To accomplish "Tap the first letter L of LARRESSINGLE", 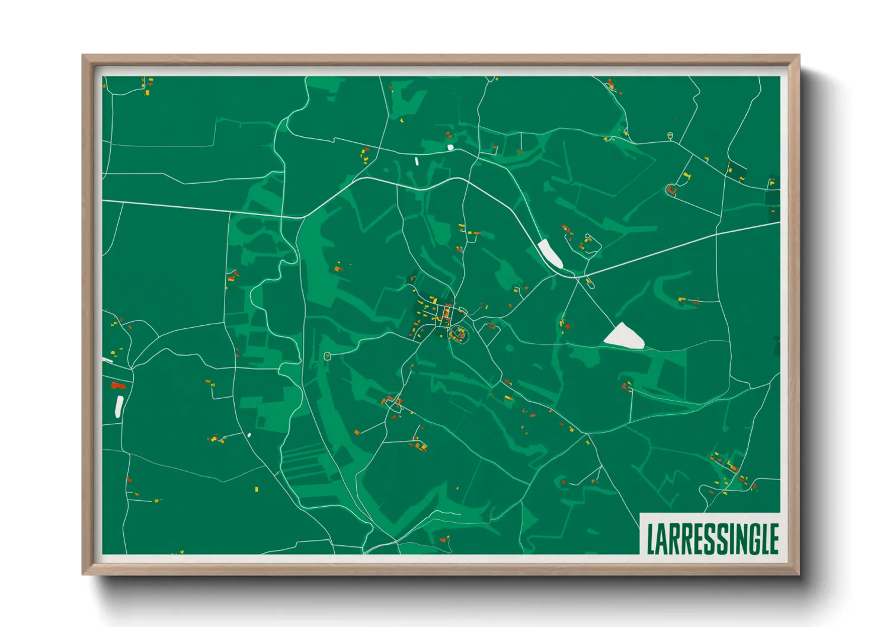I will [x=651, y=539].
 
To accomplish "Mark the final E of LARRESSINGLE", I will [x=773, y=539].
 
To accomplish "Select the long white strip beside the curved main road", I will [x=549, y=253].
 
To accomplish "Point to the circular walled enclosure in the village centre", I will [x=458, y=335].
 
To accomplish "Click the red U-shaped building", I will [x=671, y=190].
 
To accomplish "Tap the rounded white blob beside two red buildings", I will [x=450, y=147].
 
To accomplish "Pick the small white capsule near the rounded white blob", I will [x=417, y=161].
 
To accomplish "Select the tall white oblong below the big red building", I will [x=119, y=407].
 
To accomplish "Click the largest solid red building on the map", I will [x=119, y=386].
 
